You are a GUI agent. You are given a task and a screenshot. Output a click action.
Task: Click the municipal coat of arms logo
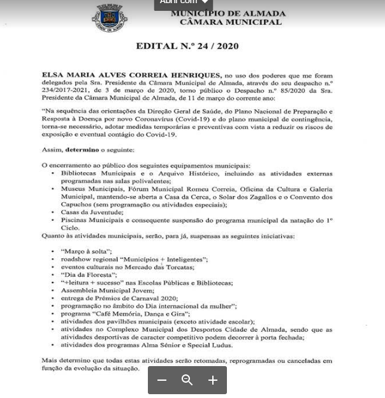pos(110,17)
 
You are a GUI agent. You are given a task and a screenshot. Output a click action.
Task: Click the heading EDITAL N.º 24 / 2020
pos(187,46)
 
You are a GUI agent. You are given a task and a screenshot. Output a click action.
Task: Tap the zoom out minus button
pos(162,380)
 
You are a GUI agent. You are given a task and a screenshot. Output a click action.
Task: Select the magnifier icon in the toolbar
pos(187,380)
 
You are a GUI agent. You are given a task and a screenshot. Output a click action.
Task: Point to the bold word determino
pos(82,150)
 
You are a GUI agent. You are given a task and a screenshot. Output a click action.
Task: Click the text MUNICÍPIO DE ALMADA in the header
pos(228,13)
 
